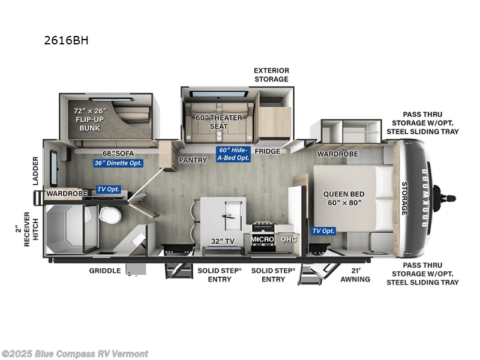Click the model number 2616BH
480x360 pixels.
pos(67,41)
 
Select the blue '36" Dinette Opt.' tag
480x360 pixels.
pos(118,163)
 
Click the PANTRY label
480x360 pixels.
pos(193,160)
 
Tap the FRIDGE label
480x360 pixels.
pos(267,151)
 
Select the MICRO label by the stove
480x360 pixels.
pos(262,239)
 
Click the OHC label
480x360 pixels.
pos(289,239)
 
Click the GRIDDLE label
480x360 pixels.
pos(106,271)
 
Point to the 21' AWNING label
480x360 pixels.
pos(355,275)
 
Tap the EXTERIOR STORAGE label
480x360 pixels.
pos(271,74)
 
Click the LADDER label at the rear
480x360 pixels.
pos(36,171)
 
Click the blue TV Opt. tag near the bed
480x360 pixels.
pos(323,231)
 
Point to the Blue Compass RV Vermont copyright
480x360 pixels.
pos(75,353)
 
